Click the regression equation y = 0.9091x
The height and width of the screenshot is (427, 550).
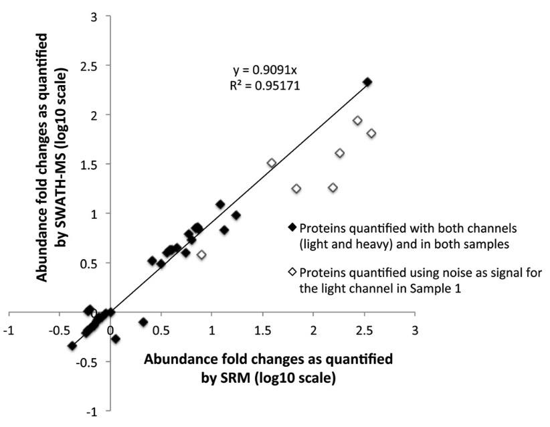point(262,70)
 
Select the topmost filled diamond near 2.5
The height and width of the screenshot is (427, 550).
point(367,82)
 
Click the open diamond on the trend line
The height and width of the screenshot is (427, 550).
point(272,163)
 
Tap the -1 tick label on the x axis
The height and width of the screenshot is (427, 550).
point(9,331)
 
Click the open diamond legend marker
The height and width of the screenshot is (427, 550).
point(292,272)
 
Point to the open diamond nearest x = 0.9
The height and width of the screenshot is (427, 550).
point(201,255)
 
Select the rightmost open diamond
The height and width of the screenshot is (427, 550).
point(371,133)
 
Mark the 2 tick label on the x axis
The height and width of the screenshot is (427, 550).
point(313,331)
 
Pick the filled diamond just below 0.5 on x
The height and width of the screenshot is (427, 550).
point(161,264)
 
